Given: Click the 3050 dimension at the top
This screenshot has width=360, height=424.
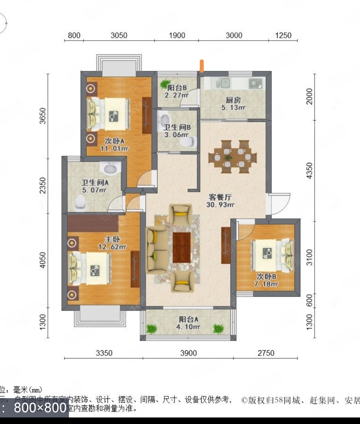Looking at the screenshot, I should pos(119,35).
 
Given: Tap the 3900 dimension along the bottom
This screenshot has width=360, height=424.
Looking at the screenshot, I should pos(188,353).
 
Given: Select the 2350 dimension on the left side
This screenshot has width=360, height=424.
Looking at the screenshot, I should pos(43,186).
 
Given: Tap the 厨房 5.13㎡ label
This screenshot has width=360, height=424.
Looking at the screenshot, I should pos(233,103).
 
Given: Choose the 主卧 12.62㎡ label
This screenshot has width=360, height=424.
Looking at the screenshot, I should pos(113,243).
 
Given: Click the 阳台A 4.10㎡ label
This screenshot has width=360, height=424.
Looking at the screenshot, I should pos(188,323).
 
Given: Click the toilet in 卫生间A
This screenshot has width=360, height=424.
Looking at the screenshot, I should pos(80,203).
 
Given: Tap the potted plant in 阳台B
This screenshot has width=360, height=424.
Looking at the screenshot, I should pos(164,84).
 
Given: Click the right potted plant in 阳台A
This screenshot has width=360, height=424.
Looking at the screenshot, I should pos(218,328).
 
